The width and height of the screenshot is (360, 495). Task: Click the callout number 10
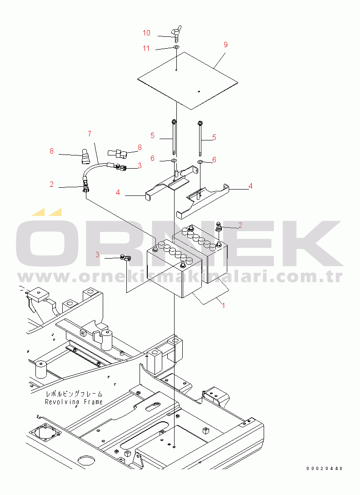click(146, 33)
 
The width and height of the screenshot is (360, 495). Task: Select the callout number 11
click(146, 48)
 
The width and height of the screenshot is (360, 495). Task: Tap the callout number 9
click(225, 45)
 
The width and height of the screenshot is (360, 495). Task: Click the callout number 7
click(90, 134)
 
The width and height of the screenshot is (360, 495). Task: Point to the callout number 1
click(224, 305)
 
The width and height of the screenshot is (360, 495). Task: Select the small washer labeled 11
click(176, 47)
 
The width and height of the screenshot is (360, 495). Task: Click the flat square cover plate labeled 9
click(188, 80)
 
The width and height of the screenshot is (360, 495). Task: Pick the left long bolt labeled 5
click(174, 137)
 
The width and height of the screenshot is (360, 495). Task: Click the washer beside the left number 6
click(174, 161)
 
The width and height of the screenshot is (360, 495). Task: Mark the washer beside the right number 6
click(200, 162)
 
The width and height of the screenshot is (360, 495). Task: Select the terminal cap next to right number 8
click(118, 154)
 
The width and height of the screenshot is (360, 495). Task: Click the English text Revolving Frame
click(74, 402)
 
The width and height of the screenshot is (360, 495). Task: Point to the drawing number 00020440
click(324, 469)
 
